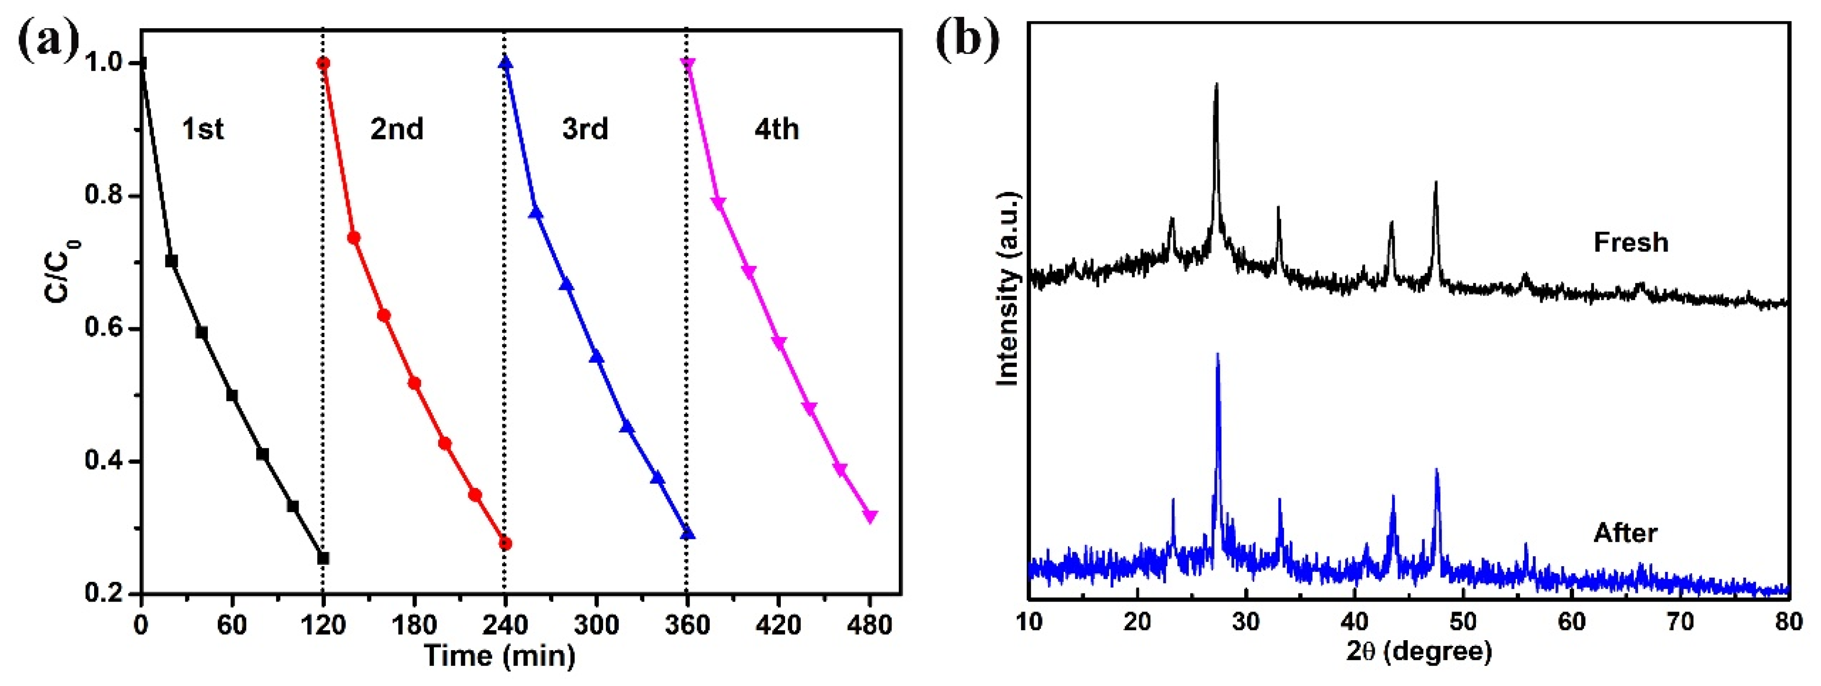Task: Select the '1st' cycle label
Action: coord(203,129)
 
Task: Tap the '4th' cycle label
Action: coord(776,129)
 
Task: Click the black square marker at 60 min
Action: coord(232,395)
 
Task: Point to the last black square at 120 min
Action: coord(323,558)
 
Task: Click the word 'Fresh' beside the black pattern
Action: coord(1631,243)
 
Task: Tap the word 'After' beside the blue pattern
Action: coord(1625,533)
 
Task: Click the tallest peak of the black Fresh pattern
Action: coord(1216,85)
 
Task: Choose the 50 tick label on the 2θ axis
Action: coord(1463,623)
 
